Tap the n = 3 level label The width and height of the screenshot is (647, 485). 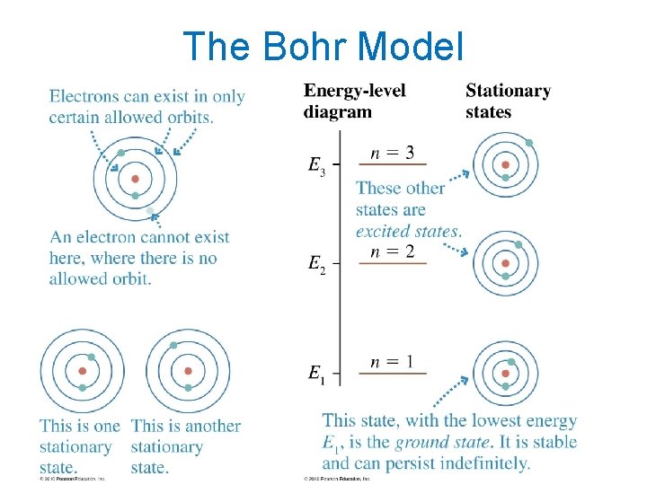click(393, 153)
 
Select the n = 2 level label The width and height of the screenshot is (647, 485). click(393, 251)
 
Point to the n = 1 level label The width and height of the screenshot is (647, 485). click(393, 362)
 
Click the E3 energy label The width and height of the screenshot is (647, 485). click(316, 165)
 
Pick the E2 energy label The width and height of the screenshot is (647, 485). click(316, 264)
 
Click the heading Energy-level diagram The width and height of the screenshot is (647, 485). click(354, 101)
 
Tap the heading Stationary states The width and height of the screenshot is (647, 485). click(508, 101)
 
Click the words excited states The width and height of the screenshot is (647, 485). click(409, 231)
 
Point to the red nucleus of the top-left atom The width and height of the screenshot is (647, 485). click(135, 180)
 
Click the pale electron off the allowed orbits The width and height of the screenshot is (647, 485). click(151, 212)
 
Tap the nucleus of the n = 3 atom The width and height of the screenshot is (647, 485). click(506, 165)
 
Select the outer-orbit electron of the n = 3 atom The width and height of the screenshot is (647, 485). click(529, 143)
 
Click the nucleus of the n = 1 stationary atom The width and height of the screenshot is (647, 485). click(506, 375)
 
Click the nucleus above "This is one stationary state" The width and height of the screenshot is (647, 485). click(82, 371)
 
